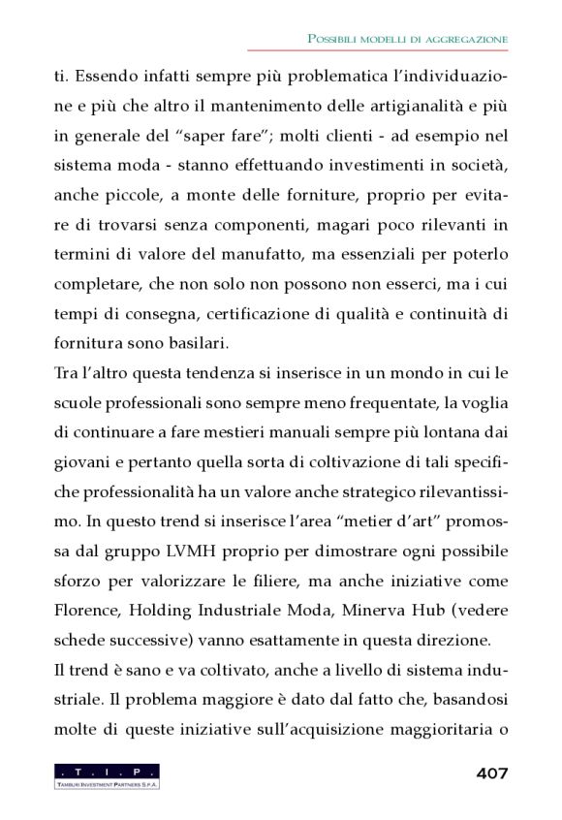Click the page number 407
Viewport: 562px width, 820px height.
pos(492,773)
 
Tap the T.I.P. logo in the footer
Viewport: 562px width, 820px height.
pos(108,775)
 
